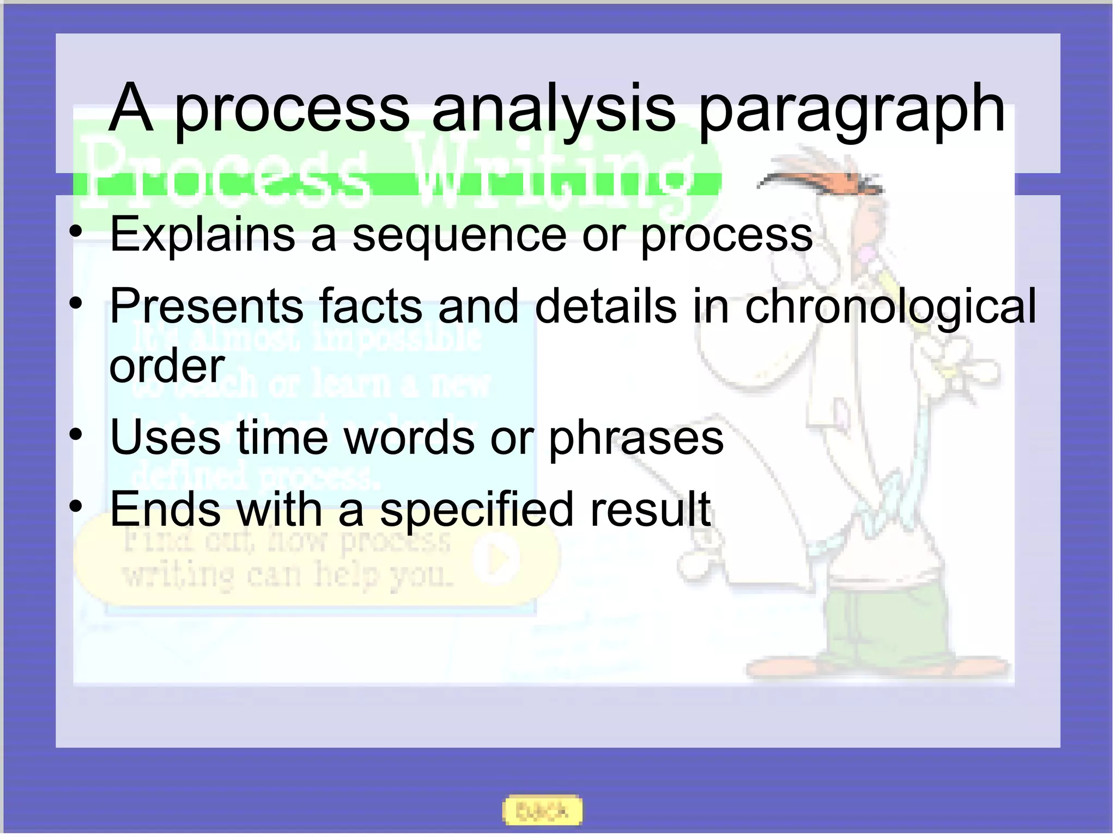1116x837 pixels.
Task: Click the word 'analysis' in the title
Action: tap(553, 109)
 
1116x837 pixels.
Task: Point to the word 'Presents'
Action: tap(207, 306)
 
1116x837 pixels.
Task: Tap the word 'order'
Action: tap(167, 366)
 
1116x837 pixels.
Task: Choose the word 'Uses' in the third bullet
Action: tap(165, 437)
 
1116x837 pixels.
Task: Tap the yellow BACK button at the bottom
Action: tap(542, 811)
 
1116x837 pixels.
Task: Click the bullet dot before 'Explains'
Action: tap(76, 232)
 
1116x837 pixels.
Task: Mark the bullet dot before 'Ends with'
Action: tap(76, 506)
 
